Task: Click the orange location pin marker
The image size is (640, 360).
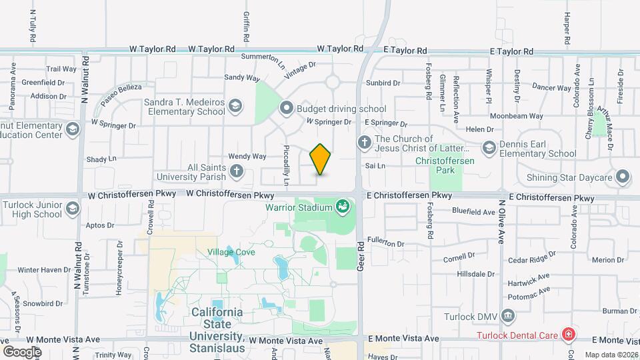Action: pos(321,159)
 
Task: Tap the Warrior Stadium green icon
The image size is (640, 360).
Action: pos(343,207)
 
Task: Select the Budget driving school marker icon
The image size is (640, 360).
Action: pos(287,108)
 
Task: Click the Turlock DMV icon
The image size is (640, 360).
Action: pos(507,315)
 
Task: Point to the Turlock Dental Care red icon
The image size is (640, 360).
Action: pos(568,333)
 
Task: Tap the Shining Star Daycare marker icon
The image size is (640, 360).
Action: pos(623,177)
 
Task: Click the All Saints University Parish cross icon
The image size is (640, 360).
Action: pos(235,172)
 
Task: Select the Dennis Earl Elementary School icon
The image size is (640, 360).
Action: pos(489,147)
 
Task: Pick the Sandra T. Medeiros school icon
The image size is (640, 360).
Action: pos(235,106)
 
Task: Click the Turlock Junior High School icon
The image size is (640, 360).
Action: pos(72,208)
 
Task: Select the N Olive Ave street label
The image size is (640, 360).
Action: pos(501,221)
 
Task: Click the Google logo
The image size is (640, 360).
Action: pos(22,351)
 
